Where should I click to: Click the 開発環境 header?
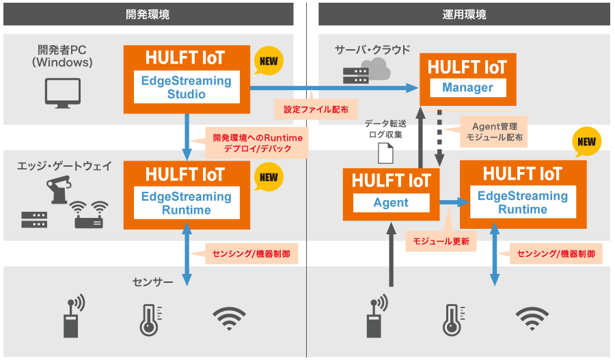[x=148, y=14]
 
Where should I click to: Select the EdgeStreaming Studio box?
[x=186, y=87]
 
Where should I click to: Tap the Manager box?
[x=467, y=87]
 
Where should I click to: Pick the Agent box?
[x=391, y=202]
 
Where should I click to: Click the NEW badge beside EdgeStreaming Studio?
[x=269, y=61]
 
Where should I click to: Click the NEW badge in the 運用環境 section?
[x=586, y=142]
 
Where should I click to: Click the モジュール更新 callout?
[x=441, y=241]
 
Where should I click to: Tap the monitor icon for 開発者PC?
[x=62, y=93]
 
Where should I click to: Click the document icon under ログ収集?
[x=386, y=155]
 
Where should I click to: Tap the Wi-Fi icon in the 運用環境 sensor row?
[x=532, y=317]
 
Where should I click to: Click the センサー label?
[x=152, y=281]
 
